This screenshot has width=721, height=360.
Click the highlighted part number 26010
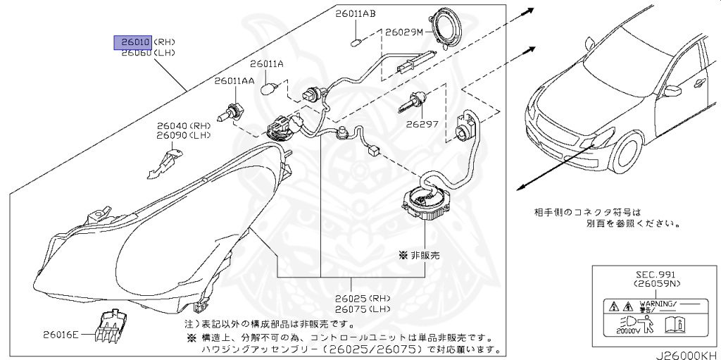coord(133,42)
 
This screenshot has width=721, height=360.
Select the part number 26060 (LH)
coord(133,53)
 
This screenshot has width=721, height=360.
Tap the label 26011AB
coord(355,13)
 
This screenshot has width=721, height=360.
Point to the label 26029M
coord(404,32)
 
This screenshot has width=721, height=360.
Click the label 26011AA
coord(234,81)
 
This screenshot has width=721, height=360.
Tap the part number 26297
coord(422,123)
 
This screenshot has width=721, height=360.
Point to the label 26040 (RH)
coord(173,125)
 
